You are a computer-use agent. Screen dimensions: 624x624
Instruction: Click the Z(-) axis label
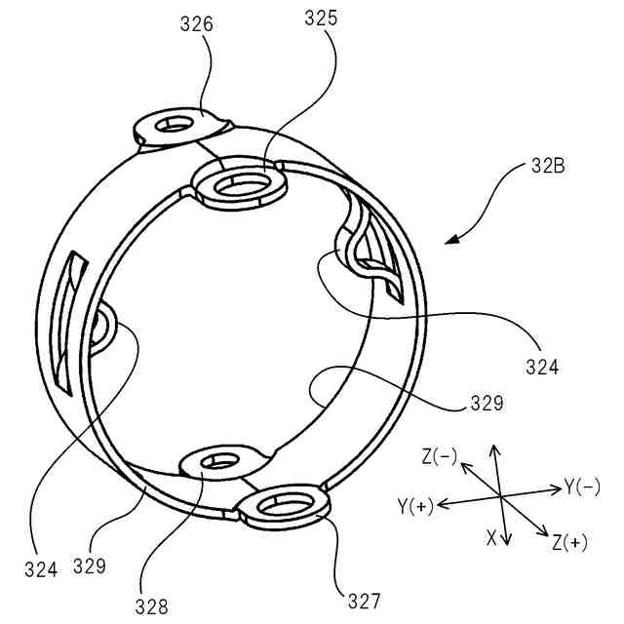pyautogui.click(x=440, y=454)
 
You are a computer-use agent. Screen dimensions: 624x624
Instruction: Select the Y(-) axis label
pyautogui.click(x=581, y=487)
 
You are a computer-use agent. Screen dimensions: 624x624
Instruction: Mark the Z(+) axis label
pyautogui.click(x=568, y=543)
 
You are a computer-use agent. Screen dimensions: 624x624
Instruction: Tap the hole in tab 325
pyautogui.click(x=240, y=182)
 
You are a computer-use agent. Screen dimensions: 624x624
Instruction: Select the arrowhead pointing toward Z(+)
pyautogui.click(x=544, y=531)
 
